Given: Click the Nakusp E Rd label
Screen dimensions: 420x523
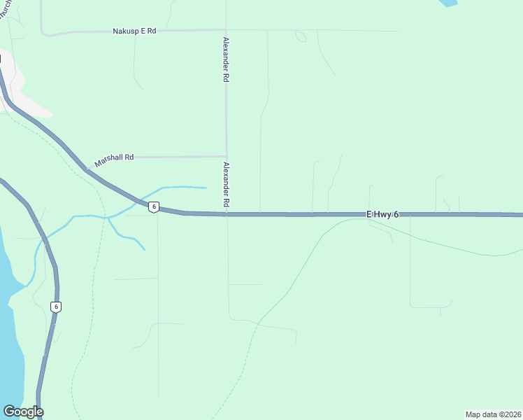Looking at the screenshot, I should (134, 31).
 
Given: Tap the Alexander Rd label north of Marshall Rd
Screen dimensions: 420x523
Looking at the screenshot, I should (226, 60).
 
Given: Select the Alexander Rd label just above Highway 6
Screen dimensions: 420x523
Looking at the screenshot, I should (226, 184).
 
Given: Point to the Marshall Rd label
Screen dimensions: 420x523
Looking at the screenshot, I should (114, 157).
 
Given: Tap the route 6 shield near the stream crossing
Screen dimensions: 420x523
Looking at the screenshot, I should (154, 206).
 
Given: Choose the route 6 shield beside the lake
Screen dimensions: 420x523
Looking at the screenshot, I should (56, 307).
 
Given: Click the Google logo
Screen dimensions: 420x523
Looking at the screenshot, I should (23, 412).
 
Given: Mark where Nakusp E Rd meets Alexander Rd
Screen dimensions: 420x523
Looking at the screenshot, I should (225, 30).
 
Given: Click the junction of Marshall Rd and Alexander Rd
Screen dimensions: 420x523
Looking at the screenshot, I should (226, 156).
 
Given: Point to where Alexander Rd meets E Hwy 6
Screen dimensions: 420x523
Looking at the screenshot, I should (227, 214).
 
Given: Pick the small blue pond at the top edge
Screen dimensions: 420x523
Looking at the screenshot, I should (448, 3).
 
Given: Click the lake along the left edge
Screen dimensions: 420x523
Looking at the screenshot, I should (10, 336).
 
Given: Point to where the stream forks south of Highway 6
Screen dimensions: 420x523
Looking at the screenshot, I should (108, 218).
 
